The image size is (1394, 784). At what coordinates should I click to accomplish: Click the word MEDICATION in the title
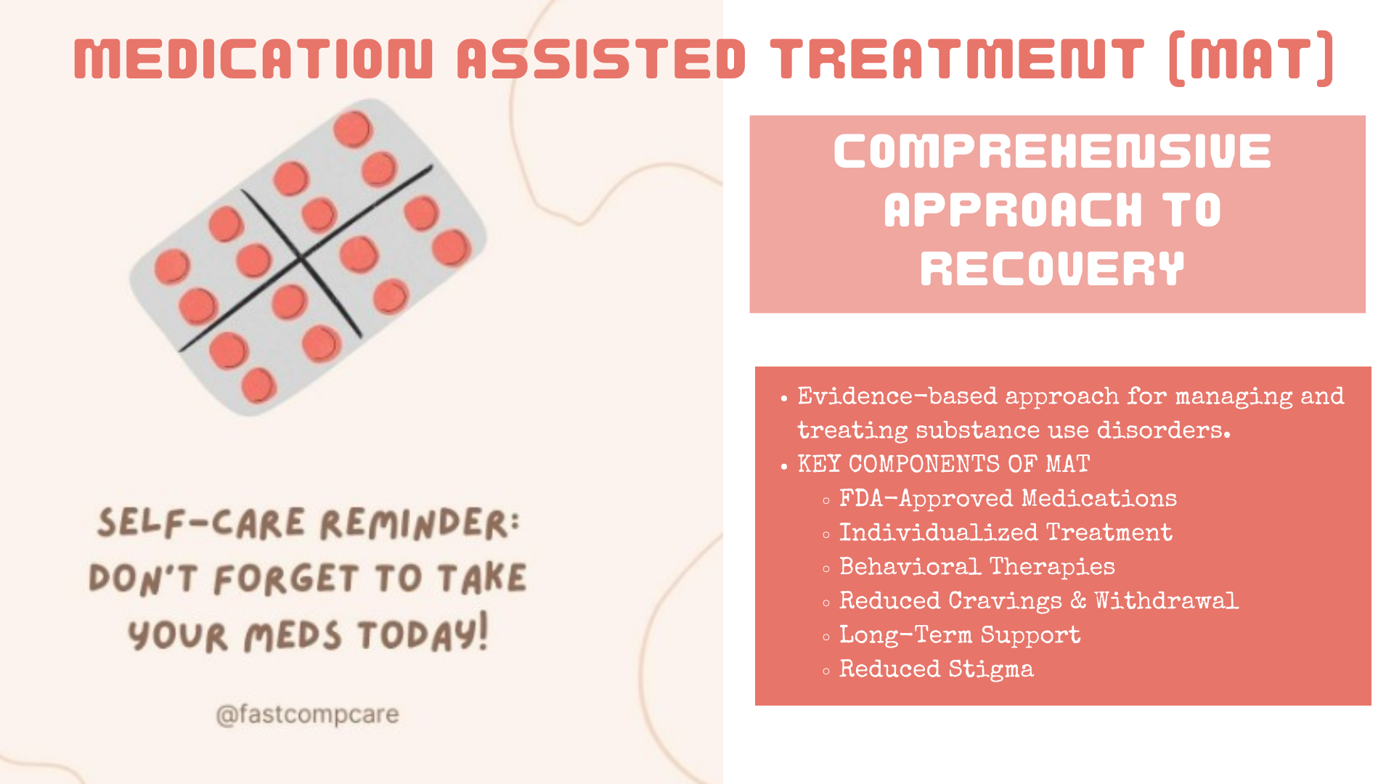pos(253,59)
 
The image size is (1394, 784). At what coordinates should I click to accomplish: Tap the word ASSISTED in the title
pos(602,59)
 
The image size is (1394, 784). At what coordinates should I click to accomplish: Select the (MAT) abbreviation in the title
pos(1251,59)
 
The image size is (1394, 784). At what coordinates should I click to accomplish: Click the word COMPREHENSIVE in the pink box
pos(1052,152)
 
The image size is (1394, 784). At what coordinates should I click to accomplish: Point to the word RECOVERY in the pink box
pos(1052,269)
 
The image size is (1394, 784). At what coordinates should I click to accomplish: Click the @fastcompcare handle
pos(307,715)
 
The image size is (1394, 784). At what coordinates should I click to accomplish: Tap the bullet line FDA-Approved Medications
pos(1008,499)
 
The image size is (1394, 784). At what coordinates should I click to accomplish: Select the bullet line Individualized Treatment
pos(1006,533)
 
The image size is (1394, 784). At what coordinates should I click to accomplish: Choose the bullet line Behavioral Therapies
pos(977,567)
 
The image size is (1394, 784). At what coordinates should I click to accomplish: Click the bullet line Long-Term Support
pos(960,635)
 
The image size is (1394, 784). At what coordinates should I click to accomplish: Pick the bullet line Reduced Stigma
pos(937,669)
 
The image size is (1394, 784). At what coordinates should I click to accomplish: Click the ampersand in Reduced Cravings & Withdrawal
pos(1078,600)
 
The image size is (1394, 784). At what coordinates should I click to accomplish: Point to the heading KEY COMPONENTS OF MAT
pos(944,464)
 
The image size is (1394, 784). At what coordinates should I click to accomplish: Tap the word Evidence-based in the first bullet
pos(897,396)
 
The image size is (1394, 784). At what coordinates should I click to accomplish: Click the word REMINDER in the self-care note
pos(420,523)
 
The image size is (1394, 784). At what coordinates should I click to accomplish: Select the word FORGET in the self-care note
pos(286,579)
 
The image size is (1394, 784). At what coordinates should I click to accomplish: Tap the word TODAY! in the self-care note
pos(423,634)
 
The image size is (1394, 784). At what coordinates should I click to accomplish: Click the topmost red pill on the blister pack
pos(353,129)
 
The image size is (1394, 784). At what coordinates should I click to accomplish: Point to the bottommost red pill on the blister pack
pos(258,385)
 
